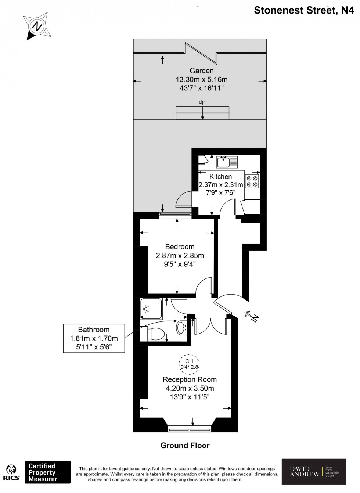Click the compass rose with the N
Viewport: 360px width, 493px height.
(37, 26)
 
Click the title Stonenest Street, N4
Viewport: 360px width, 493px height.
(304, 10)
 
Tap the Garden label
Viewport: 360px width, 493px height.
(201, 71)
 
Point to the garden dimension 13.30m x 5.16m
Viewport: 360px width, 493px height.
(201, 79)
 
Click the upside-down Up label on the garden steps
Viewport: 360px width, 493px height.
(202, 102)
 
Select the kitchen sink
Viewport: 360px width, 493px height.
(227, 162)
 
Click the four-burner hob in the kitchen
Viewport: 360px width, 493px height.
(252, 181)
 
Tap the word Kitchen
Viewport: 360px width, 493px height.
(220, 177)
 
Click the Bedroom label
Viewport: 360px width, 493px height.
(180, 247)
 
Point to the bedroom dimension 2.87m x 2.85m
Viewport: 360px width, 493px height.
(180, 255)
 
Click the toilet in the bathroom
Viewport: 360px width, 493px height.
(153, 334)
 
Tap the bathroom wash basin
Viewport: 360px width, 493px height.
(181, 328)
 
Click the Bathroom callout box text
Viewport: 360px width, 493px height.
(94, 338)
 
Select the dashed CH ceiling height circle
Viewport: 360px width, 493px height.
(189, 364)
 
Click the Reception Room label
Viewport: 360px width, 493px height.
(190, 379)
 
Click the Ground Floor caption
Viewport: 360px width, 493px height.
(185, 446)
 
